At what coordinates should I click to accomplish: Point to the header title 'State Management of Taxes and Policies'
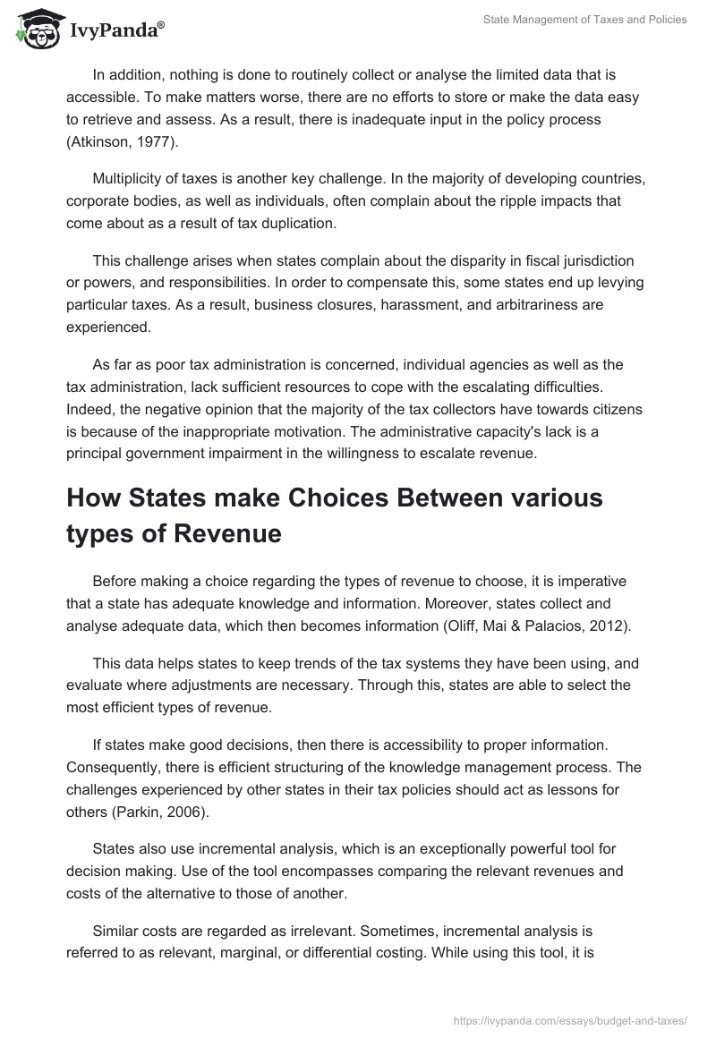(584, 20)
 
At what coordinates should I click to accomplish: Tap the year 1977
(158, 143)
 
